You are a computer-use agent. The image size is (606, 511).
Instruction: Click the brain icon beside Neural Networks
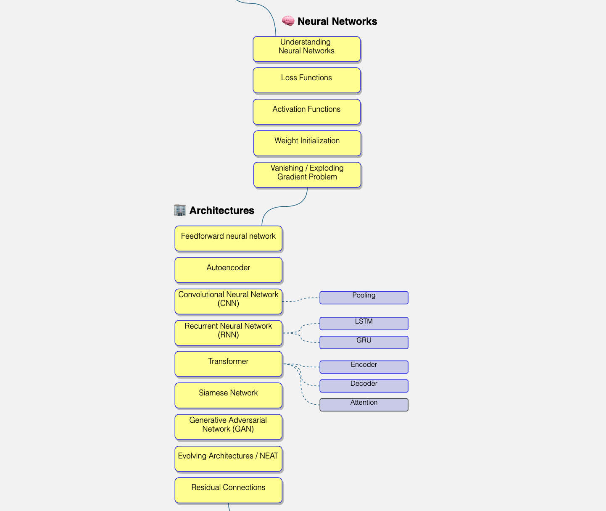[288, 21]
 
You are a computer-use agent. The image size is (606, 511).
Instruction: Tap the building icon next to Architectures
[180, 210]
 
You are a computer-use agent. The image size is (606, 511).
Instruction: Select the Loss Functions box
[306, 80]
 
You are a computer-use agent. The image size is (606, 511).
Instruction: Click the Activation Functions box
[306, 112]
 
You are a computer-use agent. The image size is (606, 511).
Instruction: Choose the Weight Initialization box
[307, 143]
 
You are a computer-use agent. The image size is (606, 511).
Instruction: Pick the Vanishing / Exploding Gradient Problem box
[307, 175]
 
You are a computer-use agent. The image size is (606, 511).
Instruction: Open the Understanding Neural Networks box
[306, 49]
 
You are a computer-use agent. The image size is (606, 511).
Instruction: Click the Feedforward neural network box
[228, 238]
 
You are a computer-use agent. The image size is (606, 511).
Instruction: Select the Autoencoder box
[228, 270]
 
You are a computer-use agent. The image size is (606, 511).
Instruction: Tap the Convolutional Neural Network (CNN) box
[228, 301]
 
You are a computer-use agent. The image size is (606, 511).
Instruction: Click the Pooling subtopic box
[364, 298]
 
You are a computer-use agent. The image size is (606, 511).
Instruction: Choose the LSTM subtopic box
[364, 324]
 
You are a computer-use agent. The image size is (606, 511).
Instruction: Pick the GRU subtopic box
[364, 342]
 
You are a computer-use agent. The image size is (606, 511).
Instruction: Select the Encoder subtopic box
[364, 367]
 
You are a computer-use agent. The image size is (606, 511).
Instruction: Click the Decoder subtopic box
[364, 386]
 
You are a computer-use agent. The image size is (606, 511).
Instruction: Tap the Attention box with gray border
[364, 405]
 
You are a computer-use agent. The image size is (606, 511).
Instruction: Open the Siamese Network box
[228, 395]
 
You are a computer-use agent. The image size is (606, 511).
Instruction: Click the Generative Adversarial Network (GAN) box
[228, 427]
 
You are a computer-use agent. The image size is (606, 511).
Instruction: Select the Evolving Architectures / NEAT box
[228, 459]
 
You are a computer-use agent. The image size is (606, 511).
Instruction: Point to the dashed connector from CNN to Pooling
[301, 300]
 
